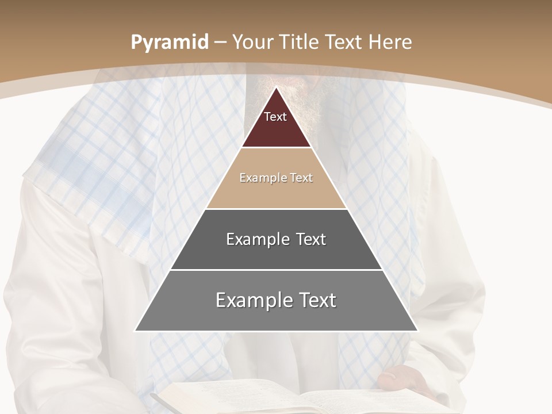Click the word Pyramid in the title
169,43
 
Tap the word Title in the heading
299,43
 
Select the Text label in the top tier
275,117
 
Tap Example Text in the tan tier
276,178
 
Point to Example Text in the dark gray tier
276,239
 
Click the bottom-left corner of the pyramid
136,331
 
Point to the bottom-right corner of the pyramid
417,331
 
